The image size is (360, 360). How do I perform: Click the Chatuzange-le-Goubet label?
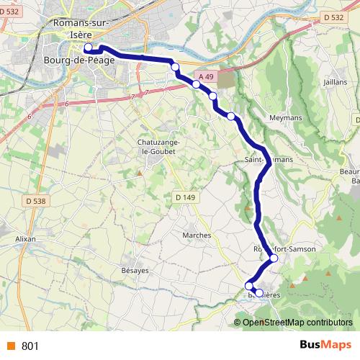(x=158, y=147)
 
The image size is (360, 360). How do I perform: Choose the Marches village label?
(x=197, y=235)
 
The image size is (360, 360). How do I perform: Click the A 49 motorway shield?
(x=205, y=75)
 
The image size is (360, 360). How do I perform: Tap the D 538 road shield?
(x=33, y=200)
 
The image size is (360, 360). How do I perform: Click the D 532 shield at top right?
(x=331, y=17)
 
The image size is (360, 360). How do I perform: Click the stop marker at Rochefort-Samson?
(x=274, y=258)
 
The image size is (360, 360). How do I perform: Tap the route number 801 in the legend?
(x=30, y=346)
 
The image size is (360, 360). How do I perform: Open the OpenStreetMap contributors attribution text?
(x=298, y=322)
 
